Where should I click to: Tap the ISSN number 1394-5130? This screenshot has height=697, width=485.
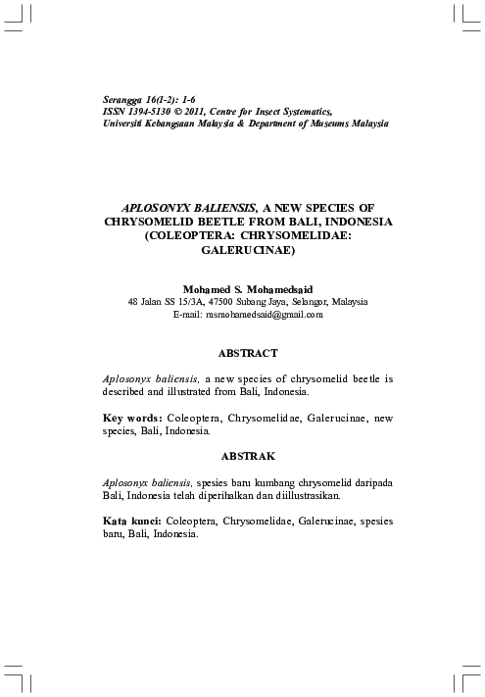click(151, 114)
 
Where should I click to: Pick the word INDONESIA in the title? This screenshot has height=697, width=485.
click(350, 223)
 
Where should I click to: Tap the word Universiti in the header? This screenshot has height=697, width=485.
click(124, 125)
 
